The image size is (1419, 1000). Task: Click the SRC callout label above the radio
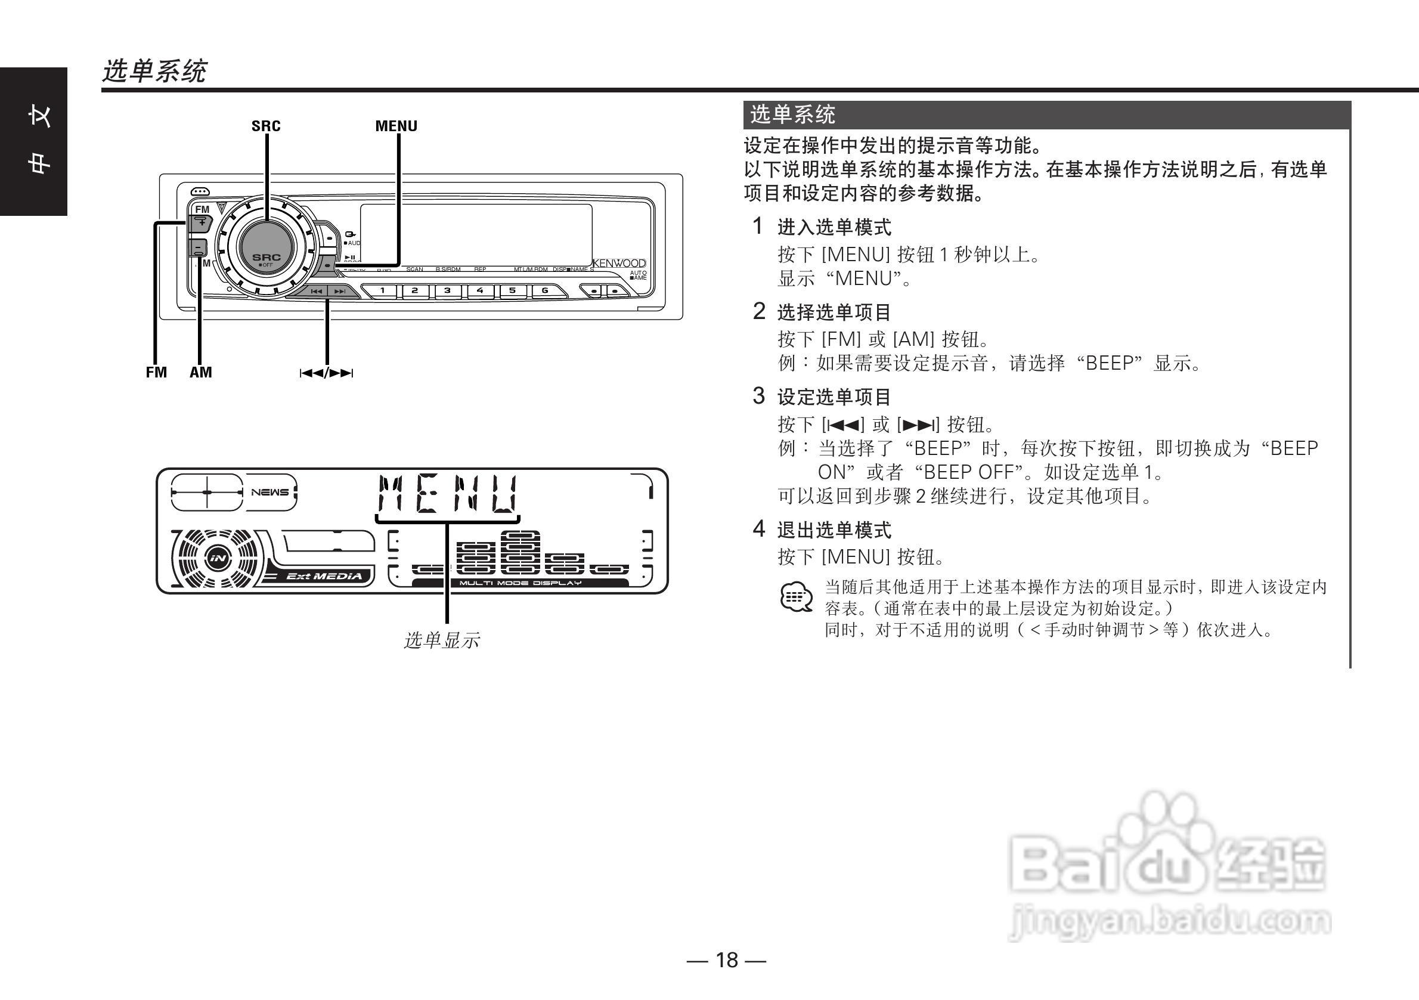(x=266, y=126)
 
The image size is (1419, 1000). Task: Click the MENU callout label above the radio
(x=396, y=126)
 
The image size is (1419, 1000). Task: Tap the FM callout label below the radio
(x=156, y=372)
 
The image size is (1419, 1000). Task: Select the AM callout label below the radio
(x=201, y=372)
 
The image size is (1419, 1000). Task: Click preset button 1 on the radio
(x=383, y=290)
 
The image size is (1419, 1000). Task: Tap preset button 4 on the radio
(x=479, y=290)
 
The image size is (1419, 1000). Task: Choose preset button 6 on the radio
(x=544, y=290)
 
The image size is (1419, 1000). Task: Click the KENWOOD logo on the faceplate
(x=620, y=264)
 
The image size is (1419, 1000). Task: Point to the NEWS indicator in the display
(x=270, y=493)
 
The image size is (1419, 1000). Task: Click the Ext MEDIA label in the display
(x=324, y=576)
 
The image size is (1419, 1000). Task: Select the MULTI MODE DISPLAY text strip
(x=520, y=583)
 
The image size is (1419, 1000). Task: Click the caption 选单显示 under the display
(x=442, y=640)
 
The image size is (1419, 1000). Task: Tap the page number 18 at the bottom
(x=726, y=960)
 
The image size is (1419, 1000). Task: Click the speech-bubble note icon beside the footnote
(x=797, y=597)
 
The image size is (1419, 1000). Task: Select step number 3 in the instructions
(x=758, y=395)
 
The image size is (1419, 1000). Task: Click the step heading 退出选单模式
(x=834, y=530)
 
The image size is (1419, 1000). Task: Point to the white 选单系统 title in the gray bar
(x=792, y=115)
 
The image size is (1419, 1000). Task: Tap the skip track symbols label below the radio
(x=326, y=373)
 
